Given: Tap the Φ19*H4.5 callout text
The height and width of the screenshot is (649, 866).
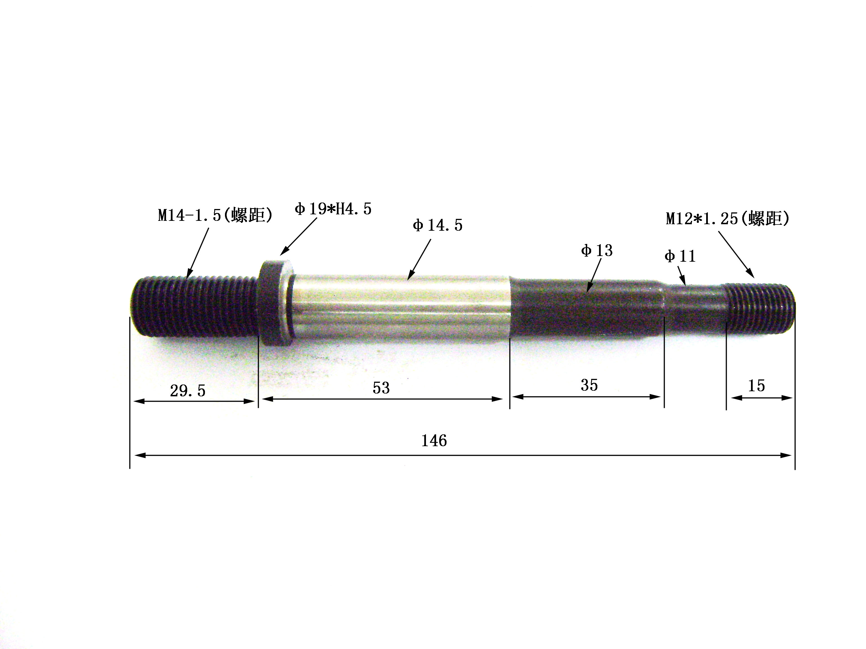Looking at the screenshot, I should point(333,209).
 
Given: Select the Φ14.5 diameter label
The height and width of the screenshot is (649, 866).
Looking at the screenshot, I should point(437,225).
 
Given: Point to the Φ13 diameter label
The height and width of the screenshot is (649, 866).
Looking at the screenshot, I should point(597,250).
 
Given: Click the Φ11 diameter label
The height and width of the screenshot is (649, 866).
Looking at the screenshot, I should point(680,257).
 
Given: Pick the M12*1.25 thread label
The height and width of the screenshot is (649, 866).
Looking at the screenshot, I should point(727,218).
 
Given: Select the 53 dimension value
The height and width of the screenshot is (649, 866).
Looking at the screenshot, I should point(381,388).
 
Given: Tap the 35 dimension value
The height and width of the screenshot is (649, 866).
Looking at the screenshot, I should point(589,385).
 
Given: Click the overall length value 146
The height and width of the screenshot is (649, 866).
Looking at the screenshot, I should point(434,441).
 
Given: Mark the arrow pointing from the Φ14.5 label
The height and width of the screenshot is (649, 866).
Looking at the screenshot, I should point(419,259).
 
